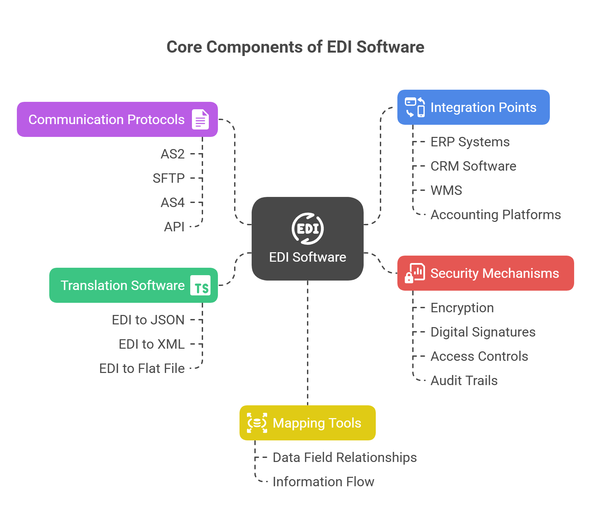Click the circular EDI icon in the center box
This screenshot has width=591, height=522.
(x=308, y=229)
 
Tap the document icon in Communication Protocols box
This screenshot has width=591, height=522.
(x=200, y=119)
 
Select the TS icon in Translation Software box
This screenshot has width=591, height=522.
(x=200, y=286)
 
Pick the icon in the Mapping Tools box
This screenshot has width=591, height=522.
(x=257, y=423)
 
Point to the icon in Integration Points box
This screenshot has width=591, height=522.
(x=415, y=107)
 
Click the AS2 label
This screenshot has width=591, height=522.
(x=173, y=154)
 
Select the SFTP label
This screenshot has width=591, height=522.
(x=169, y=178)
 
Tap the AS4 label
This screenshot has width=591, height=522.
(x=173, y=203)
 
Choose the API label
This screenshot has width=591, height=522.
(x=174, y=227)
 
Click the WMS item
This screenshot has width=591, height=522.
(x=446, y=191)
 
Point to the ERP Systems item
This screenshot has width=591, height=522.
(x=470, y=142)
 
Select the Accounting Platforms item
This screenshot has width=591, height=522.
(x=496, y=215)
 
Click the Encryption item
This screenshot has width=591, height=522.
(x=462, y=308)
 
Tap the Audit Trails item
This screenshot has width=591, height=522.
(x=464, y=381)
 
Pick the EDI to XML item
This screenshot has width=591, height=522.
(x=152, y=344)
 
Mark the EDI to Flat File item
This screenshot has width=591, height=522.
(x=142, y=369)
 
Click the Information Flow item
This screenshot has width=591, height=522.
(x=323, y=482)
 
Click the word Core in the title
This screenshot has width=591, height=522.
(x=184, y=47)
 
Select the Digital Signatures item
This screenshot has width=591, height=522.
(x=483, y=332)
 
